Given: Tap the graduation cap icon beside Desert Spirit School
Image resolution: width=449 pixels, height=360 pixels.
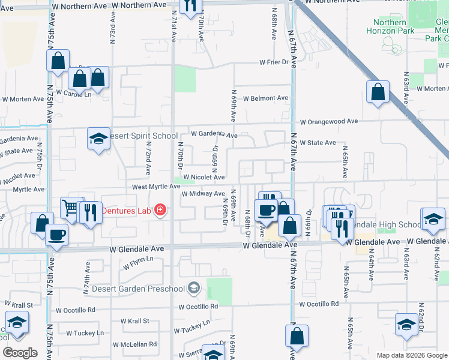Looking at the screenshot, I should (x=98, y=139).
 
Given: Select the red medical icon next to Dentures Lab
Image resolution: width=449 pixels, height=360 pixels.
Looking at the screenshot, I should (x=160, y=210).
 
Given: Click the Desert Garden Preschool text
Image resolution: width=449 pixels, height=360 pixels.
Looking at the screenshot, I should (x=137, y=289).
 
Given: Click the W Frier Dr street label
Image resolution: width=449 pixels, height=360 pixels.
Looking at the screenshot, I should (x=274, y=62).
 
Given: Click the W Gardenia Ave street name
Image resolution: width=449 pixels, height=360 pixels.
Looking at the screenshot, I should (x=214, y=135).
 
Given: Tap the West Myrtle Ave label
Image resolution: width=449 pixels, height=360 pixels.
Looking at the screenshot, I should (x=156, y=187).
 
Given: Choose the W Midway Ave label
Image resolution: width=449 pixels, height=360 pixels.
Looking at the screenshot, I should (x=203, y=193).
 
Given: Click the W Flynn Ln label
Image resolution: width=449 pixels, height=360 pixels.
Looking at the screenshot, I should (x=138, y=262).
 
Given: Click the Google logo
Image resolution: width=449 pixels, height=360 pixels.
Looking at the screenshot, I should (x=20, y=352).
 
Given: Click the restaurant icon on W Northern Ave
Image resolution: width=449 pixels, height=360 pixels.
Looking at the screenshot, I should (x=190, y=6).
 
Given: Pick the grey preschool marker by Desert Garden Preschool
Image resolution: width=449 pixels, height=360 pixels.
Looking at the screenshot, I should (x=193, y=289).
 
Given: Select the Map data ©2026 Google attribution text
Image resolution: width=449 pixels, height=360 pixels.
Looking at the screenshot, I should (x=411, y=355).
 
